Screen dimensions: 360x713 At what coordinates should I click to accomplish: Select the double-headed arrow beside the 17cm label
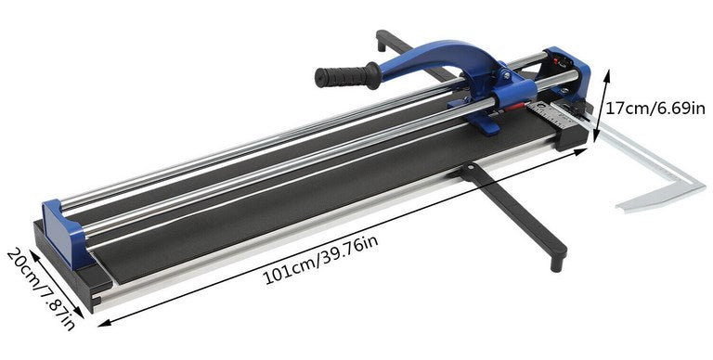601,107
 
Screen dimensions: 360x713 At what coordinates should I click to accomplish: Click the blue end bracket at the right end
566,74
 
